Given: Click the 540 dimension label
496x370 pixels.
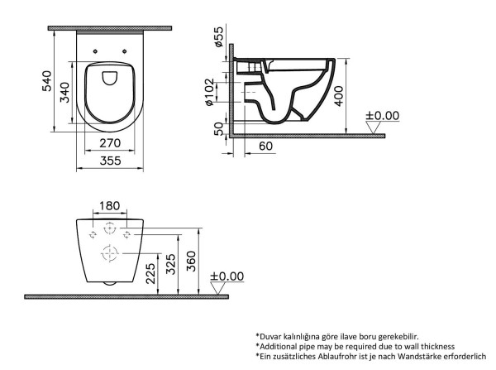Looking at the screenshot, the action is click(x=47, y=81).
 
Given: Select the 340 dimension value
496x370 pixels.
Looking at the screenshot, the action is click(x=64, y=92).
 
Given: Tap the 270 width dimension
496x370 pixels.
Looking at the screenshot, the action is click(x=110, y=143).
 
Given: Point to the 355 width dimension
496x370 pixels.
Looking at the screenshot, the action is click(x=111, y=161).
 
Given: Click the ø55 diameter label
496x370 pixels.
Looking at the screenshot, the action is click(x=218, y=36).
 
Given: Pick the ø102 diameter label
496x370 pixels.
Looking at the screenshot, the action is click(x=210, y=92).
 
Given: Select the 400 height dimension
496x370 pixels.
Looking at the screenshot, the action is click(x=338, y=96).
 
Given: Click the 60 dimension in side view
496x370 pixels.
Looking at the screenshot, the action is click(x=265, y=146).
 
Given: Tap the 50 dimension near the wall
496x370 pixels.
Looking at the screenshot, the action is click(x=218, y=129).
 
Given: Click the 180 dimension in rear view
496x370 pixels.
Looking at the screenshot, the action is click(x=109, y=206).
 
